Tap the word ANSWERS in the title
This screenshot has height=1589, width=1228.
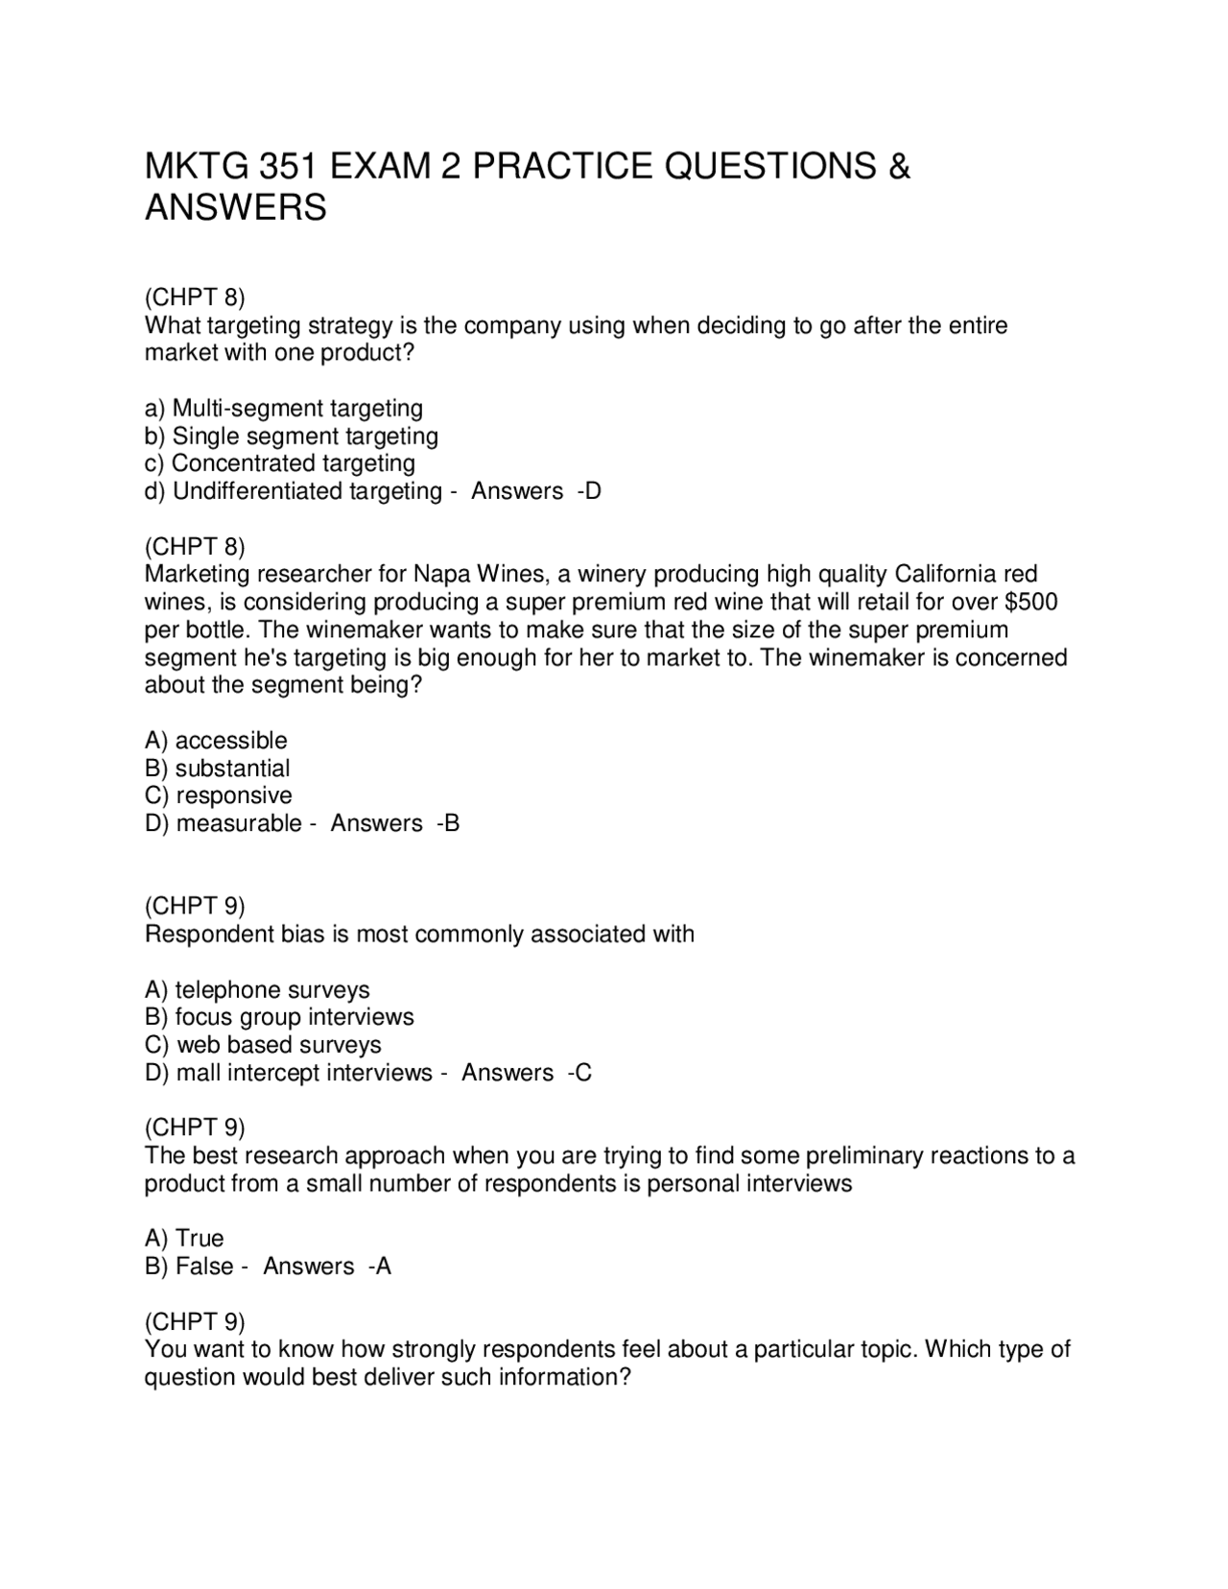coord(235,207)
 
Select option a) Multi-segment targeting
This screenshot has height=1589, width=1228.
coord(284,409)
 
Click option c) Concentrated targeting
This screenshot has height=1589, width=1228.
coord(280,463)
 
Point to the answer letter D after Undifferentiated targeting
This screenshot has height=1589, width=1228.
coord(593,491)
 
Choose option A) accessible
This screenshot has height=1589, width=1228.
coord(216,741)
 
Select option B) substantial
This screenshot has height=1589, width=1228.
coord(217,769)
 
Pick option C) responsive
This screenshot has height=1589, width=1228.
coord(219,795)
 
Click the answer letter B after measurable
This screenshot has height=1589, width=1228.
coord(452,823)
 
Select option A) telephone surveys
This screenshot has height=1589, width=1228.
coord(257,990)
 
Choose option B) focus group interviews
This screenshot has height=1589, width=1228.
coord(279,1017)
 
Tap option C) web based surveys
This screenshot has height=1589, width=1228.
coord(263,1045)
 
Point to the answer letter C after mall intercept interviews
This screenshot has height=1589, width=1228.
coord(584,1073)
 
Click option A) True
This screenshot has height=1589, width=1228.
coord(184,1239)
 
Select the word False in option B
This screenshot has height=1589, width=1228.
coord(204,1267)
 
